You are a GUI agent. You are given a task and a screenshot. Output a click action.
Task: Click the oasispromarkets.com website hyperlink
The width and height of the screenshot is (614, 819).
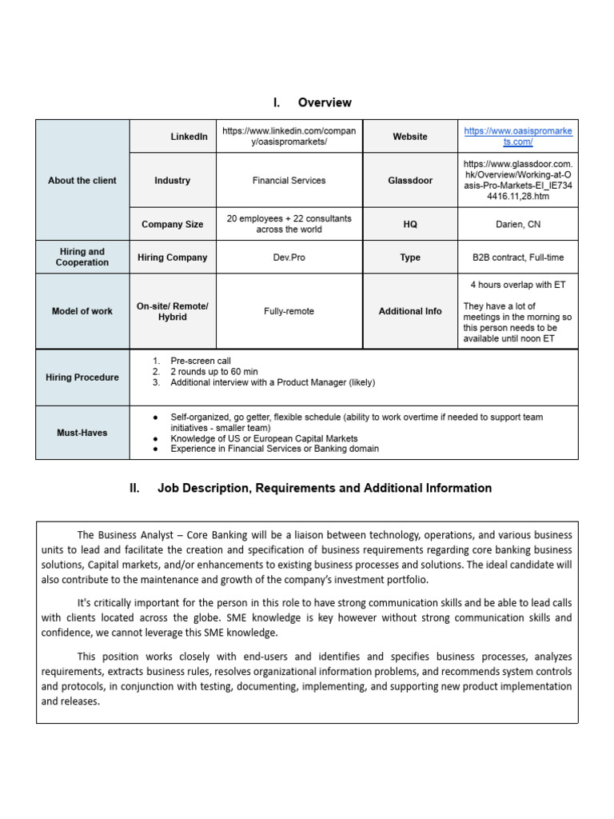click(x=517, y=136)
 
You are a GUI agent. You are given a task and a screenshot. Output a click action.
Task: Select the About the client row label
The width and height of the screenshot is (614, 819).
click(x=82, y=181)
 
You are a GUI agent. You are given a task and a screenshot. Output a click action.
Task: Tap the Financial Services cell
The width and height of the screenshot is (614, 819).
click(x=289, y=181)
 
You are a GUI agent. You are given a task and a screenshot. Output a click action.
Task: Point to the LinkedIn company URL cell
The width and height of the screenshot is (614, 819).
click(x=289, y=136)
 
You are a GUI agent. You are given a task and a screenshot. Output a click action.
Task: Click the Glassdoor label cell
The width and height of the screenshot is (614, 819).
click(x=410, y=181)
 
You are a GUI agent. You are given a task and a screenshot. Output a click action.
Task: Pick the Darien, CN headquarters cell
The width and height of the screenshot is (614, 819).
click(x=517, y=225)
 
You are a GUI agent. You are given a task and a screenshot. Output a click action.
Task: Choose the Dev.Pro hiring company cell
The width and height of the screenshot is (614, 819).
click(x=289, y=258)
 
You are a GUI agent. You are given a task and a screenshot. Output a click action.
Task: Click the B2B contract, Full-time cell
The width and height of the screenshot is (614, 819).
click(x=517, y=258)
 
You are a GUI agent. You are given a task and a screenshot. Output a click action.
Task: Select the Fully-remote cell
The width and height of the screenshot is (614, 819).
click(x=289, y=311)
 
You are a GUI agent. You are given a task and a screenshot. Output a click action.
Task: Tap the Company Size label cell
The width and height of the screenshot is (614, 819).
click(x=173, y=225)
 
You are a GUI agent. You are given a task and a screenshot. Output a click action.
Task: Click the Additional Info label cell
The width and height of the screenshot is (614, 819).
click(x=410, y=311)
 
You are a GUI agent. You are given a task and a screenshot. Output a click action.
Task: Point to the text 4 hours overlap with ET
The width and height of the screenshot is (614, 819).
click(x=517, y=285)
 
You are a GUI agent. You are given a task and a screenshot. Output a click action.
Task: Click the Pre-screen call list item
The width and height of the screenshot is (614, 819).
click(x=201, y=361)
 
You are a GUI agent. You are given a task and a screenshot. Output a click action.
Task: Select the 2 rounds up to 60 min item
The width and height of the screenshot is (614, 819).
click(x=213, y=372)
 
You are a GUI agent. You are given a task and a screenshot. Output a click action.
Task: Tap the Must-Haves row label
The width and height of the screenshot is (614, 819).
click(x=82, y=433)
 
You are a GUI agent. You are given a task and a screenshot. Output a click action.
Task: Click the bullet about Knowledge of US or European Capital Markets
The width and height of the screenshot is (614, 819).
click(x=264, y=438)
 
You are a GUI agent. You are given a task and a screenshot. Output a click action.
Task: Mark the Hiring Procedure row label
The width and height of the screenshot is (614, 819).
click(x=82, y=378)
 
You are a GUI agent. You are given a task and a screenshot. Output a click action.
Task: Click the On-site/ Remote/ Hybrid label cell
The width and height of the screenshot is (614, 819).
click(x=173, y=311)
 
